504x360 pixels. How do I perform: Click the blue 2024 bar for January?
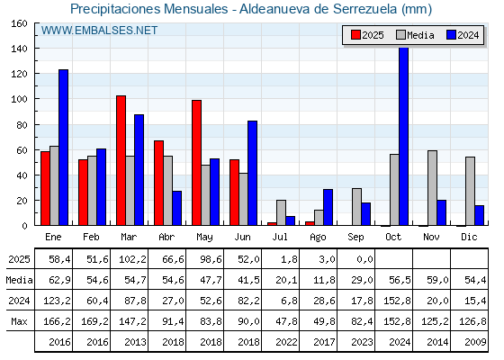[x=63, y=148]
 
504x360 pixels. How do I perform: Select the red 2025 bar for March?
[x=121, y=160]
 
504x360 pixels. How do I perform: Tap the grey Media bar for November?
[x=432, y=188]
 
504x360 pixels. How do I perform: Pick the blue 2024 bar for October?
[x=404, y=136]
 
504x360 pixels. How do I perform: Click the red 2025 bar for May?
[x=197, y=163]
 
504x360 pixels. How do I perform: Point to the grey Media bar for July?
[x=281, y=212]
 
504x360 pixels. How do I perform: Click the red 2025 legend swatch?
[x=355, y=35]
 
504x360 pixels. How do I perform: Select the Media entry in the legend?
[x=415, y=35]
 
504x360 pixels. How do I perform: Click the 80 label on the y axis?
[x=22, y=125]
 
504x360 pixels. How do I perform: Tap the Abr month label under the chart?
[x=166, y=237]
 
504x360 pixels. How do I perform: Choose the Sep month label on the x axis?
[x=355, y=237]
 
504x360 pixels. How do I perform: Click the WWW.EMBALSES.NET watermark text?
[x=99, y=31]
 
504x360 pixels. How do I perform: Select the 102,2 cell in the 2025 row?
[x=132, y=259]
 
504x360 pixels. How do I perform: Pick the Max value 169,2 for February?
[x=94, y=321]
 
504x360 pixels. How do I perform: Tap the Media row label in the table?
[x=19, y=280]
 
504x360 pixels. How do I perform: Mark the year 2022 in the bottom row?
[x=286, y=342]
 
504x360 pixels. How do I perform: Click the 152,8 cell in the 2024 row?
[x=397, y=301]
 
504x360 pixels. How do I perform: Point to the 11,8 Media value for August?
[x=324, y=280]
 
